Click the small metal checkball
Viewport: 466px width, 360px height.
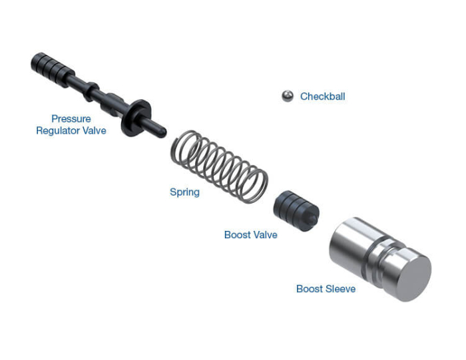(287, 96)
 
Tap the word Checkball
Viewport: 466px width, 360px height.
(322, 96)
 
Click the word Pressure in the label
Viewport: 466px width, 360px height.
(71, 119)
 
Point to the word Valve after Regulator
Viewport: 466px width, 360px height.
(94, 131)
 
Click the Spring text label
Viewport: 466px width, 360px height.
(184, 192)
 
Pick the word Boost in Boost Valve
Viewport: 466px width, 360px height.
(237, 235)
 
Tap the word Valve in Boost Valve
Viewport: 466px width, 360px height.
(265, 235)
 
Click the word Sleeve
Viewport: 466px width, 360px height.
(340, 289)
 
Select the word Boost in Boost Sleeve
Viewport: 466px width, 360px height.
(310, 289)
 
